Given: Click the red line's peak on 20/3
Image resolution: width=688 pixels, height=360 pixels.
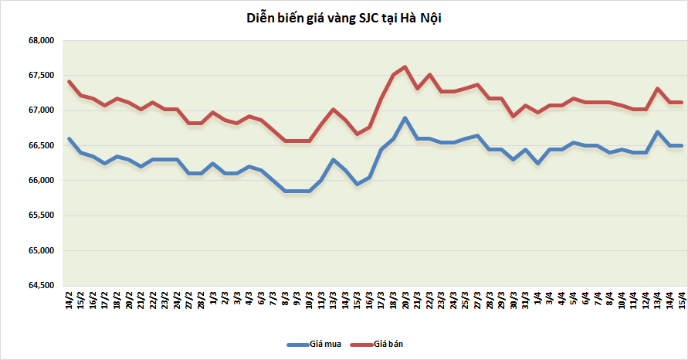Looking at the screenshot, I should pyautogui.click(x=405, y=66).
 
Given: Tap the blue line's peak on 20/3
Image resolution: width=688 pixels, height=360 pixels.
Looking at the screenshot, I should pyautogui.click(x=405, y=118).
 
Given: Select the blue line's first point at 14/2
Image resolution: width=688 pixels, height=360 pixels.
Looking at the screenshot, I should pyautogui.click(x=69, y=139).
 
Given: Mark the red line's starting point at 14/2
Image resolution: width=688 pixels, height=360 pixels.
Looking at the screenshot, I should pyautogui.click(x=69, y=81).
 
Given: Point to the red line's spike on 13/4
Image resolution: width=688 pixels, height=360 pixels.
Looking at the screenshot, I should pyautogui.click(x=657, y=88).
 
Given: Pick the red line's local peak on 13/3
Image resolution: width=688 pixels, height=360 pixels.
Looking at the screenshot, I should pyautogui.click(x=333, y=109).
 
